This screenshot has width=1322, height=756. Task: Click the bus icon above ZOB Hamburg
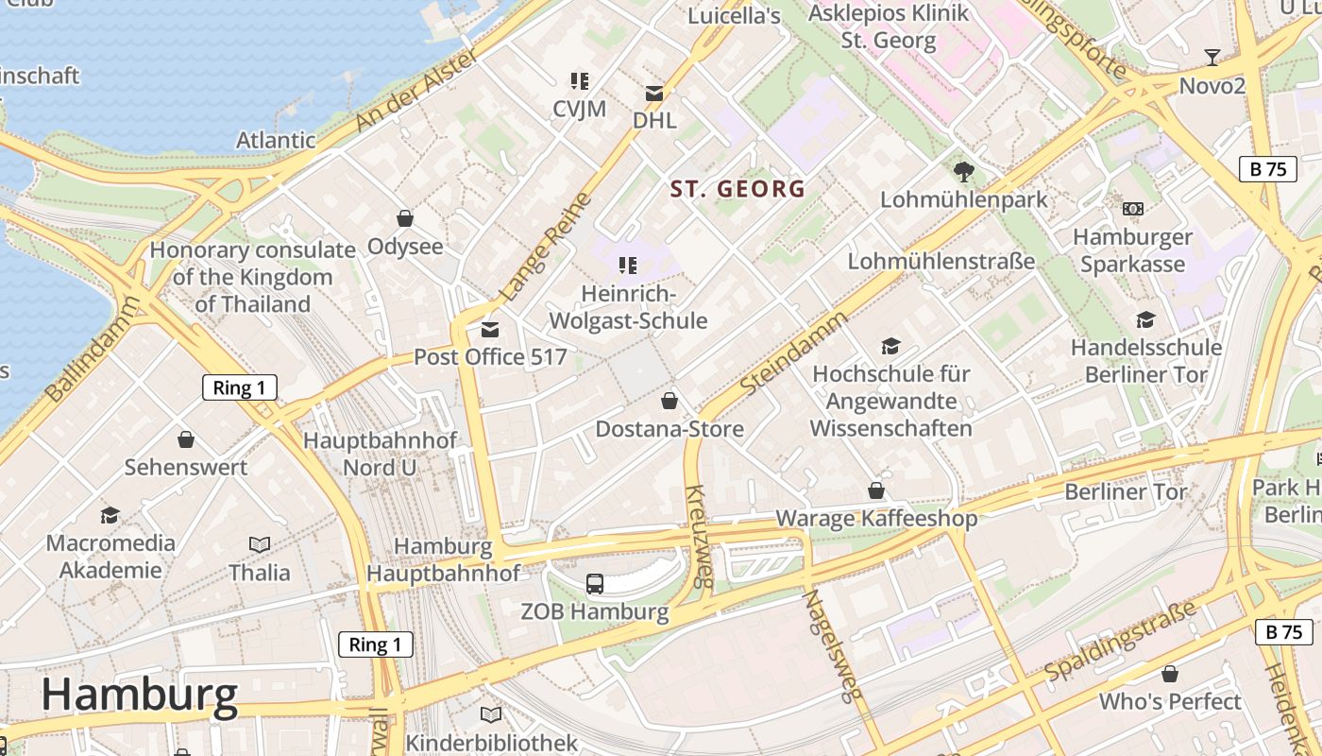[x=595, y=584]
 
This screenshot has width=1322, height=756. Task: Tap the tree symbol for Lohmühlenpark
[x=963, y=172]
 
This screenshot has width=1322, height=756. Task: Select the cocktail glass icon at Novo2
[x=1212, y=58]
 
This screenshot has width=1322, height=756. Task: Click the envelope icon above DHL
[x=654, y=93]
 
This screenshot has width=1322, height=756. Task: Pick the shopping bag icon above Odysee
[x=405, y=218]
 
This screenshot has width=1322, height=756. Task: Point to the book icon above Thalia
[x=260, y=544]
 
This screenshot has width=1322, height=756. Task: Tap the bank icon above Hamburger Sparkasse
[x=1132, y=209]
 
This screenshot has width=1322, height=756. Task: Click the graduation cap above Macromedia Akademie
[x=110, y=515]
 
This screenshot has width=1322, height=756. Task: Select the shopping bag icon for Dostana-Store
[x=669, y=401]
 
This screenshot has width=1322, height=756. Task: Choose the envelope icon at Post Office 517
[x=489, y=329]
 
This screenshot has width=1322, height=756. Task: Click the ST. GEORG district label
[x=737, y=189]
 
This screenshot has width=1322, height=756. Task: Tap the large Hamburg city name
[x=139, y=695]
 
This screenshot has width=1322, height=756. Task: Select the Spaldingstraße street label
[x=1120, y=641]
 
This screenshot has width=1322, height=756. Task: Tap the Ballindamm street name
[x=93, y=349]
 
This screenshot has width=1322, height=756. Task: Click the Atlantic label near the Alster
[x=276, y=140]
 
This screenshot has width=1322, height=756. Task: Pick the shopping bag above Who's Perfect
[x=1170, y=674]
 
